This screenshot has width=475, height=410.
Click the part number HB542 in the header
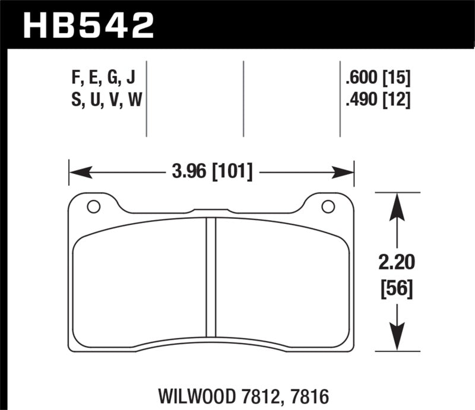coord(88,25)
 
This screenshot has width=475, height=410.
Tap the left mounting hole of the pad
coord(92,206)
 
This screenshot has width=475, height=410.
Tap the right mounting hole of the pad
coord(327,206)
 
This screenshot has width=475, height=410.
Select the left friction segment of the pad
coord(140,279)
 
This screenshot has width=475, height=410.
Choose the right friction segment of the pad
coord(282,279)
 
